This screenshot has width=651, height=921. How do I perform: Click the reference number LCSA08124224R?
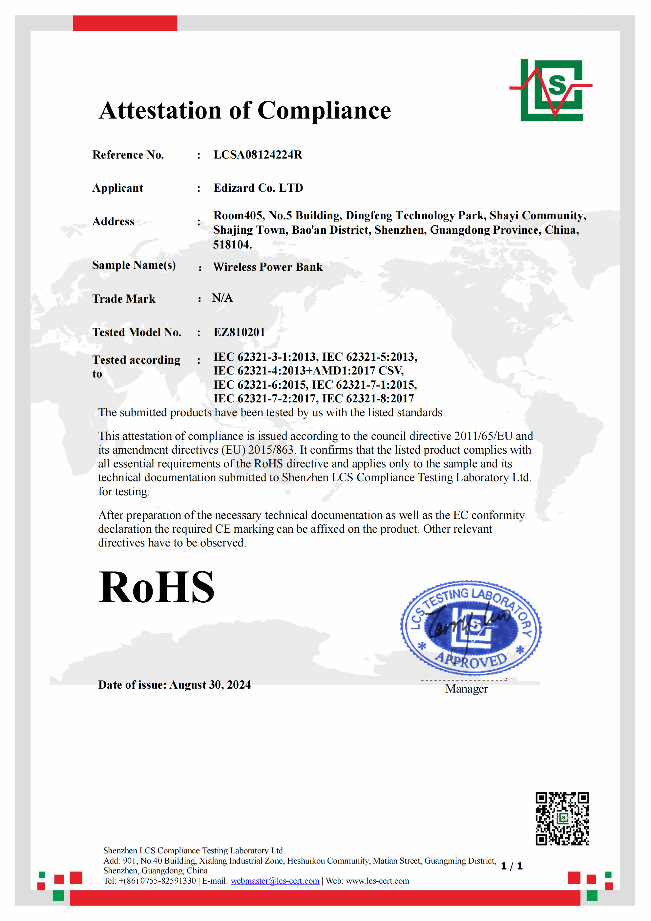[258, 155]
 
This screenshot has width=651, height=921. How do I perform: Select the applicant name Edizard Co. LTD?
[258, 188]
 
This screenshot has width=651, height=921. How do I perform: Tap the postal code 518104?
[232, 245]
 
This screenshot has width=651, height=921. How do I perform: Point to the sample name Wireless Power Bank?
[267, 267]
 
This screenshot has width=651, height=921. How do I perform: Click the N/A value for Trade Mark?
[222, 298]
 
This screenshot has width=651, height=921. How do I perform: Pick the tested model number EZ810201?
[239, 332]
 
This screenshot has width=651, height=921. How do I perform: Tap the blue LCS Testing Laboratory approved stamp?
[471, 628]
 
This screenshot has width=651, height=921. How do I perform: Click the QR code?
[562, 819]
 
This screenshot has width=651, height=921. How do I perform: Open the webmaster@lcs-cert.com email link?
[275, 881]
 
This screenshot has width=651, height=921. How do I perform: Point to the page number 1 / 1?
[512, 866]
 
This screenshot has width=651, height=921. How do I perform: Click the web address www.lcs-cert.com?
[377, 881]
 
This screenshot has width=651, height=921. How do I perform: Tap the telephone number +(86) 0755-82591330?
[157, 881]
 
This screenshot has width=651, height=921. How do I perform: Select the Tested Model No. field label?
[137, 332]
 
